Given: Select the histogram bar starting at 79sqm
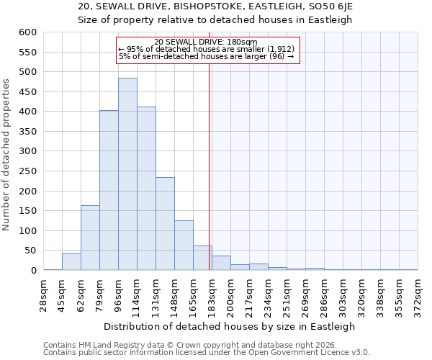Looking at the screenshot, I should click(x=109, y=190).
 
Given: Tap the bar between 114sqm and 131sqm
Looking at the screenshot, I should click(x=146, y=189).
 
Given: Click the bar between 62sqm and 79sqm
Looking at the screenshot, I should click(x=90, y=238).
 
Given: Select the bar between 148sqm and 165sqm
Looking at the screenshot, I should click(x=184, y=246).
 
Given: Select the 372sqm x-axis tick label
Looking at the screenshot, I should click(x=418, y=297).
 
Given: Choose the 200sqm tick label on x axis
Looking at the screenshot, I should click(x=231, y=297).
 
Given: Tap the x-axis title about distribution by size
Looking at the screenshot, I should click(x=230, y=326).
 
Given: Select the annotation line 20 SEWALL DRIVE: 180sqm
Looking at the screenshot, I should click(x=206, y=42).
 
